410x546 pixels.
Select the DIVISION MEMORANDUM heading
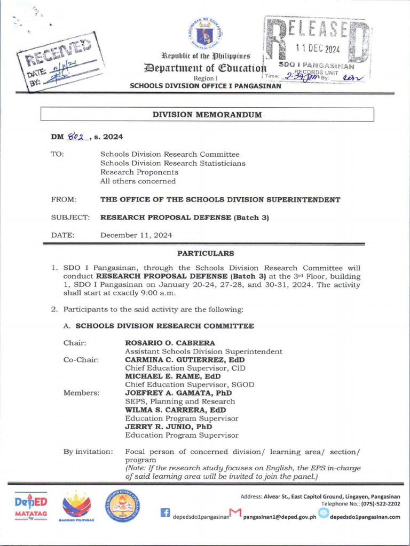point(207,115)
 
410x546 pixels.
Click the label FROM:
point(64,199)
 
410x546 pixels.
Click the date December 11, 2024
point(136,235)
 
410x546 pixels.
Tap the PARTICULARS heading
point(206,253)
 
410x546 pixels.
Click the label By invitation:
point(88,452)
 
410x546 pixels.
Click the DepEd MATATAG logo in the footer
point(30,506)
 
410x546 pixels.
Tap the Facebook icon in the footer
point(165,513)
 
